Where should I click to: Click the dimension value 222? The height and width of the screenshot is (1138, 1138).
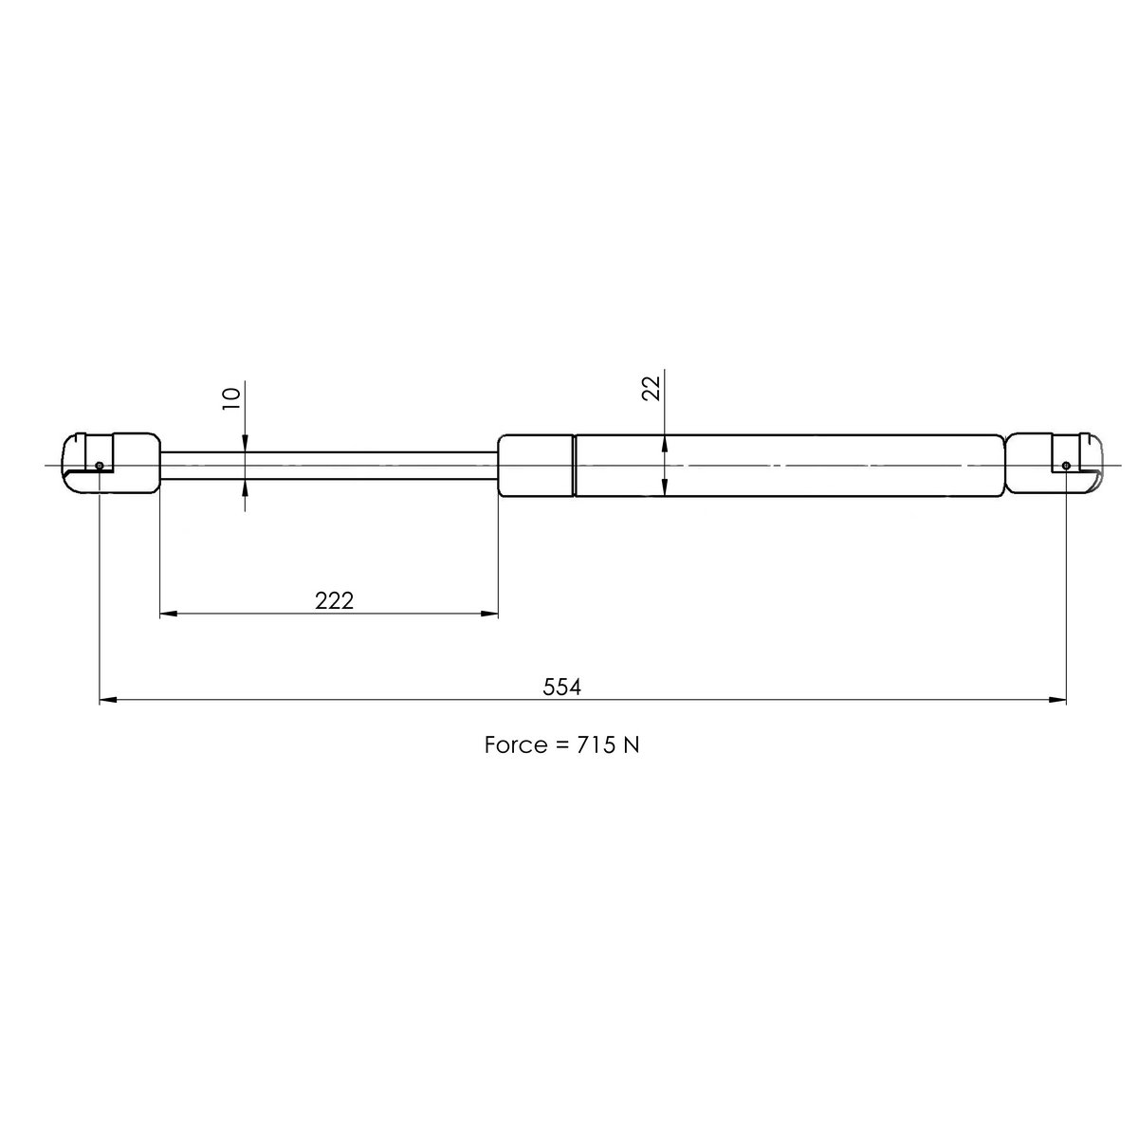334,600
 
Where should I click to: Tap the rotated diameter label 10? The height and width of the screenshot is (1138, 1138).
230,396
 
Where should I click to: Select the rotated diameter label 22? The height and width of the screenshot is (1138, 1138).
652,388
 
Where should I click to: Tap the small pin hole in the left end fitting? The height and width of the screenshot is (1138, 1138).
100,465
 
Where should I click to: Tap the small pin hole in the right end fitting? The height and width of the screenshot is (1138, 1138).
1066,465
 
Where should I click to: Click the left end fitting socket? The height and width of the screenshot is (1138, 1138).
112,464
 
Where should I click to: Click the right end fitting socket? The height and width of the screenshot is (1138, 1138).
1053,464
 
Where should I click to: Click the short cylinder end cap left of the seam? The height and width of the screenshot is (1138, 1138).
536,465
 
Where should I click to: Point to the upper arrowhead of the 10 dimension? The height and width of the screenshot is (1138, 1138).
246,443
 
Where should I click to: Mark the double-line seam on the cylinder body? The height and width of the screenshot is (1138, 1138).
575,465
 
